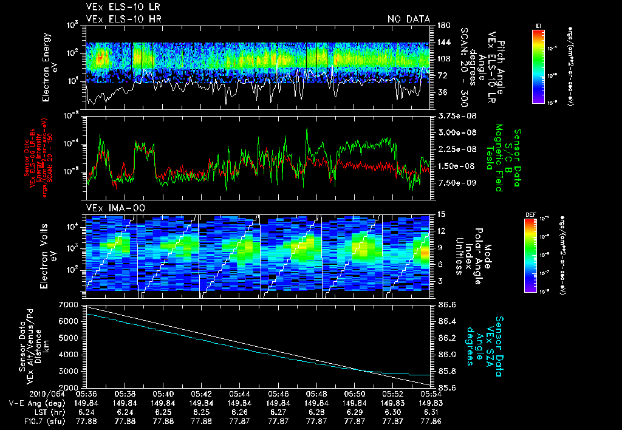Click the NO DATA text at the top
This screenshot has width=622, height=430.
pyautogui.click(x=409, y=19)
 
